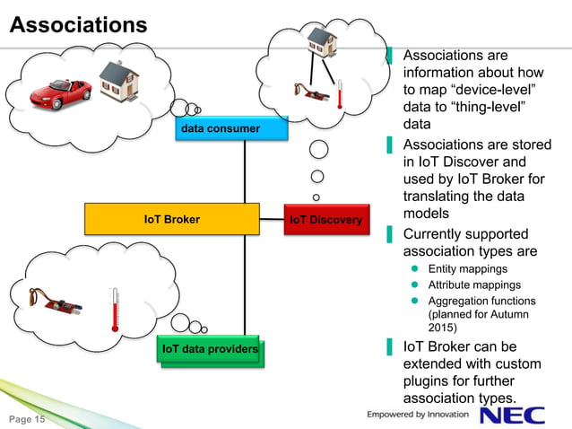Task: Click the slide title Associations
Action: [77, 25]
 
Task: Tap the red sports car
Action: [60, 89]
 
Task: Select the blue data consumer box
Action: [221, 129]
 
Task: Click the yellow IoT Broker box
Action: [171, 219]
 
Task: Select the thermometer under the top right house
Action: [341, 95]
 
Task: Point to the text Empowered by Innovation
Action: [418, 414]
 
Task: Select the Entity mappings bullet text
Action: [467, 269]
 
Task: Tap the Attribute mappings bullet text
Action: [474, 285]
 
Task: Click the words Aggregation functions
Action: [481, 302]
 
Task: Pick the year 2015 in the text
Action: [444, 328]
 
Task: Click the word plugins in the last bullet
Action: [430, 381]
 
